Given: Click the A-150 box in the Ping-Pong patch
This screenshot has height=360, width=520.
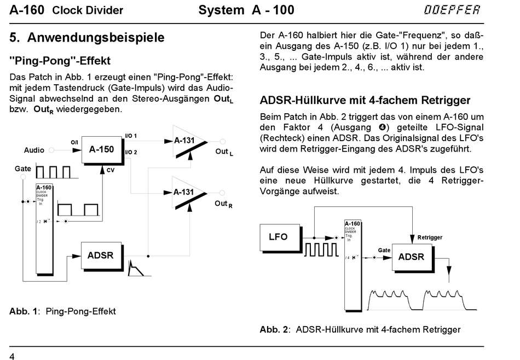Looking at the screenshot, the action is (x=102, y=149).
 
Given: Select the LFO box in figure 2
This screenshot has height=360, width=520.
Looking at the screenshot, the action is (x=280, y=237).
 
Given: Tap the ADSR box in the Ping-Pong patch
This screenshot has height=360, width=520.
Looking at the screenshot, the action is (x=101, y=256).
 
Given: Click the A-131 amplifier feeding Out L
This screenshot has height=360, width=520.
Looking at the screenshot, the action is (x=188, y=141).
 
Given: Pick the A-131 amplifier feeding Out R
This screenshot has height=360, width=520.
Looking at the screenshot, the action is (x=188, y=193).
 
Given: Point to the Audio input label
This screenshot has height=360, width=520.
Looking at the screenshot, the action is (x=34, y=150).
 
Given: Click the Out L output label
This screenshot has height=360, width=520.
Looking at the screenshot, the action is (x=224, y=152).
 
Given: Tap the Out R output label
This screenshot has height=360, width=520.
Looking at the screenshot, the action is (x=223, y=204).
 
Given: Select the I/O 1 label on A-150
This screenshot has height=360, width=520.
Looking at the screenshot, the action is (x=131, y=136).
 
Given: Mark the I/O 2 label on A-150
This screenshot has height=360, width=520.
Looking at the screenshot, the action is (x=131, y=153).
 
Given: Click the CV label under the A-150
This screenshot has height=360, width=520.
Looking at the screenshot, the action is (x=111, y=170).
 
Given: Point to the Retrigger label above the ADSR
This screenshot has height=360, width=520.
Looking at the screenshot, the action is (x=430, y=237).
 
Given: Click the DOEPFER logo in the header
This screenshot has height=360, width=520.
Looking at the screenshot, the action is (x=452, y=10).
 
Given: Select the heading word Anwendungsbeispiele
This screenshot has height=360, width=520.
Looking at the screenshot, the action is (x=96, y=37).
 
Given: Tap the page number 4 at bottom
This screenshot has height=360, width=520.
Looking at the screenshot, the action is (x=12, y=356).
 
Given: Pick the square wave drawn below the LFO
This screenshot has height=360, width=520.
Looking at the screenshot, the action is (x=321, y=249).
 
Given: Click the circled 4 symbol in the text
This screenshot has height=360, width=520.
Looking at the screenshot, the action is (x=382, y=127).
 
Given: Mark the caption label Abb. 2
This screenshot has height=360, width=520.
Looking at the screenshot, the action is (x=274, y=329).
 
